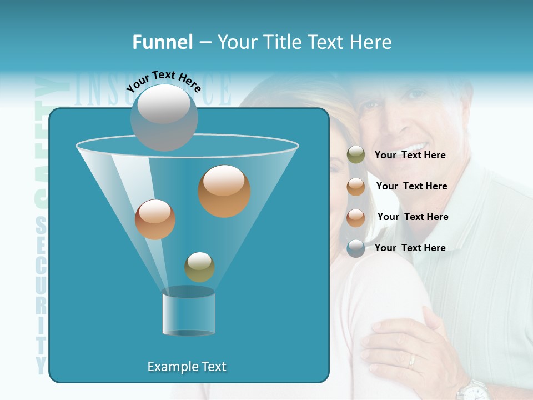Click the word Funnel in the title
162,42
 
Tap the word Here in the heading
371,42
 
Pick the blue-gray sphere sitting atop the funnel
164,117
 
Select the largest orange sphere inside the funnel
224,191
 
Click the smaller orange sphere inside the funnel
155,219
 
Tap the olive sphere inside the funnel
199,267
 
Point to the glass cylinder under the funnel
188,312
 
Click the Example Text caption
187,367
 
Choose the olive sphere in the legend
356,155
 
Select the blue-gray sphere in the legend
356,248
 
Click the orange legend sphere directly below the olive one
356,187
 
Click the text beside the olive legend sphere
410,155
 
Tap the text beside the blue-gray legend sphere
410,248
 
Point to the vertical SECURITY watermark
41,294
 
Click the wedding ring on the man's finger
411,362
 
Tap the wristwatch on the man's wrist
474,390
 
